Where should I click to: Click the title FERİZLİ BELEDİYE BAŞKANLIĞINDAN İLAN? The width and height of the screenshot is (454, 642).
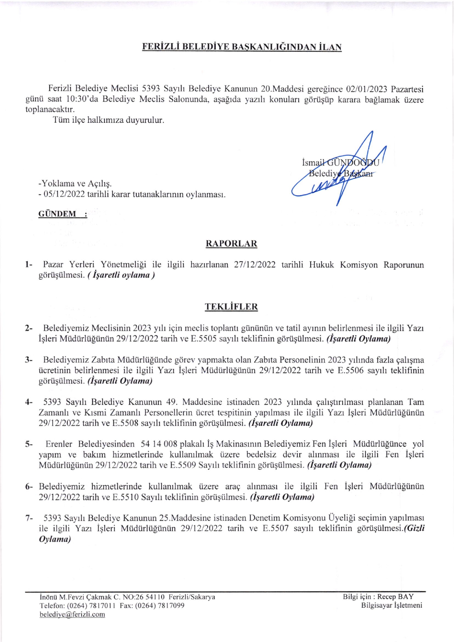(x=242, y=47)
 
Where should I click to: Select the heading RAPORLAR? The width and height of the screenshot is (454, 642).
(x=231, y=243)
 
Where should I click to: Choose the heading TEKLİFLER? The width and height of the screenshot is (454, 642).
(x=231, y=307)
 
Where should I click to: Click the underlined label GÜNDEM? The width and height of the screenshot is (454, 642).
(x=57, y=214)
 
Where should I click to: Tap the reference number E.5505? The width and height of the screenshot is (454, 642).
(x=204, y=339)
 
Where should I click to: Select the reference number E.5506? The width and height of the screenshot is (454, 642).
(x=350, y=370)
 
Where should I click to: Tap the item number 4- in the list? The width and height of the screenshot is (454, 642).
(x=29, y=402)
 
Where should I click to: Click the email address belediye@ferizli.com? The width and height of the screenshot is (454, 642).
(x=72, y=614)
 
